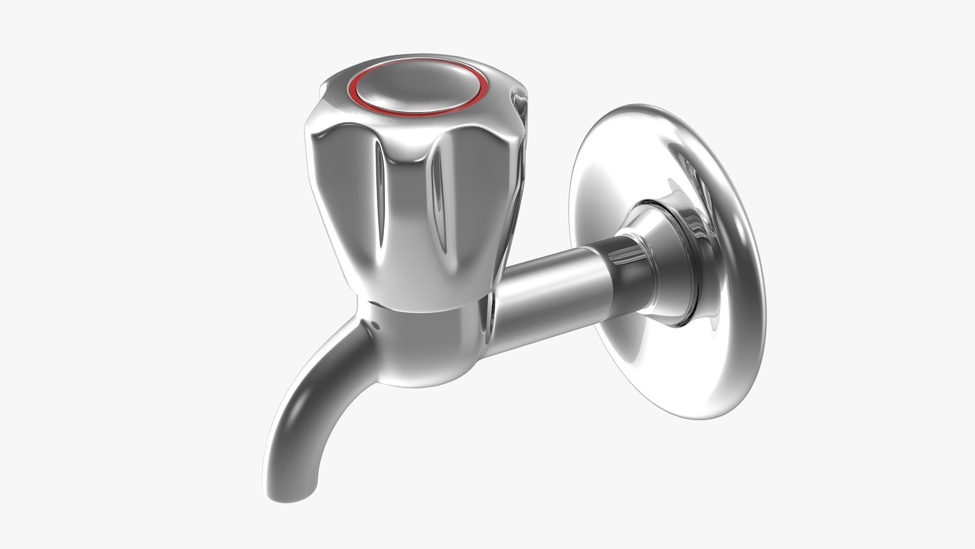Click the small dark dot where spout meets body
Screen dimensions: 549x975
click(374, 323)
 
